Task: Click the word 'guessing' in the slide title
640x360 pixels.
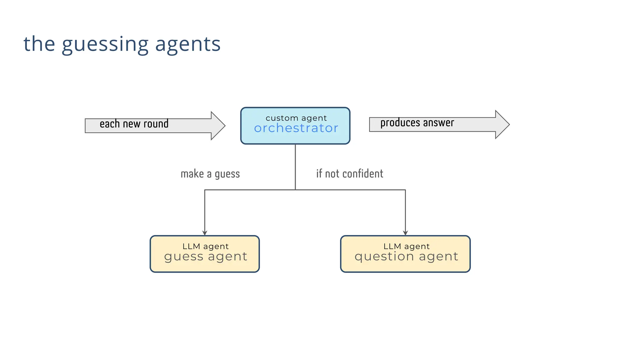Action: pyautogui.click(x=105, y=44)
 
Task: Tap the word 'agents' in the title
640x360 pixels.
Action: pyautogui.click(x=188, y=44)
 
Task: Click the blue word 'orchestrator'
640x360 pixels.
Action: pyautogui.click(x=296, y=128)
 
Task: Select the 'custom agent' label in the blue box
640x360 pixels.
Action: pyautogui.click(x=296, y=118)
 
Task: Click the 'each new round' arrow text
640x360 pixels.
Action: pyautogui.click(x=134, y=124)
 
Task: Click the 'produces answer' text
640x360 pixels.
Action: pyautogui.click(x=417, y=123)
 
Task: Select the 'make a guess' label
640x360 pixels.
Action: pyautogui.click(x=210, y=174)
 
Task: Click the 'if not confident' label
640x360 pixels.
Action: pyautogui.click(x=349, y=174)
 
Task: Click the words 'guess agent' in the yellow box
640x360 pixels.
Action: pyautogui.click(x=205, y=257)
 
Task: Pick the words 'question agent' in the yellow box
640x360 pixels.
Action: pyautogui.click(x=406, y=257)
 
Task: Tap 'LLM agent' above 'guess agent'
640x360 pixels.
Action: pyautogui.click(x=205, y=246)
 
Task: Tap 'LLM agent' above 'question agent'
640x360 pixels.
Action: pyautogui.click(x=406, y=246)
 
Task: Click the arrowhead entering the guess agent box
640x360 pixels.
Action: pyautogui.click(x=205, y=233)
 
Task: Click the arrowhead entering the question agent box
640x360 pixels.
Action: pyautogui.click(x=405, y=233)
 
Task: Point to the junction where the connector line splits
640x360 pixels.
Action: pyautogui.click(x=295, y=190)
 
